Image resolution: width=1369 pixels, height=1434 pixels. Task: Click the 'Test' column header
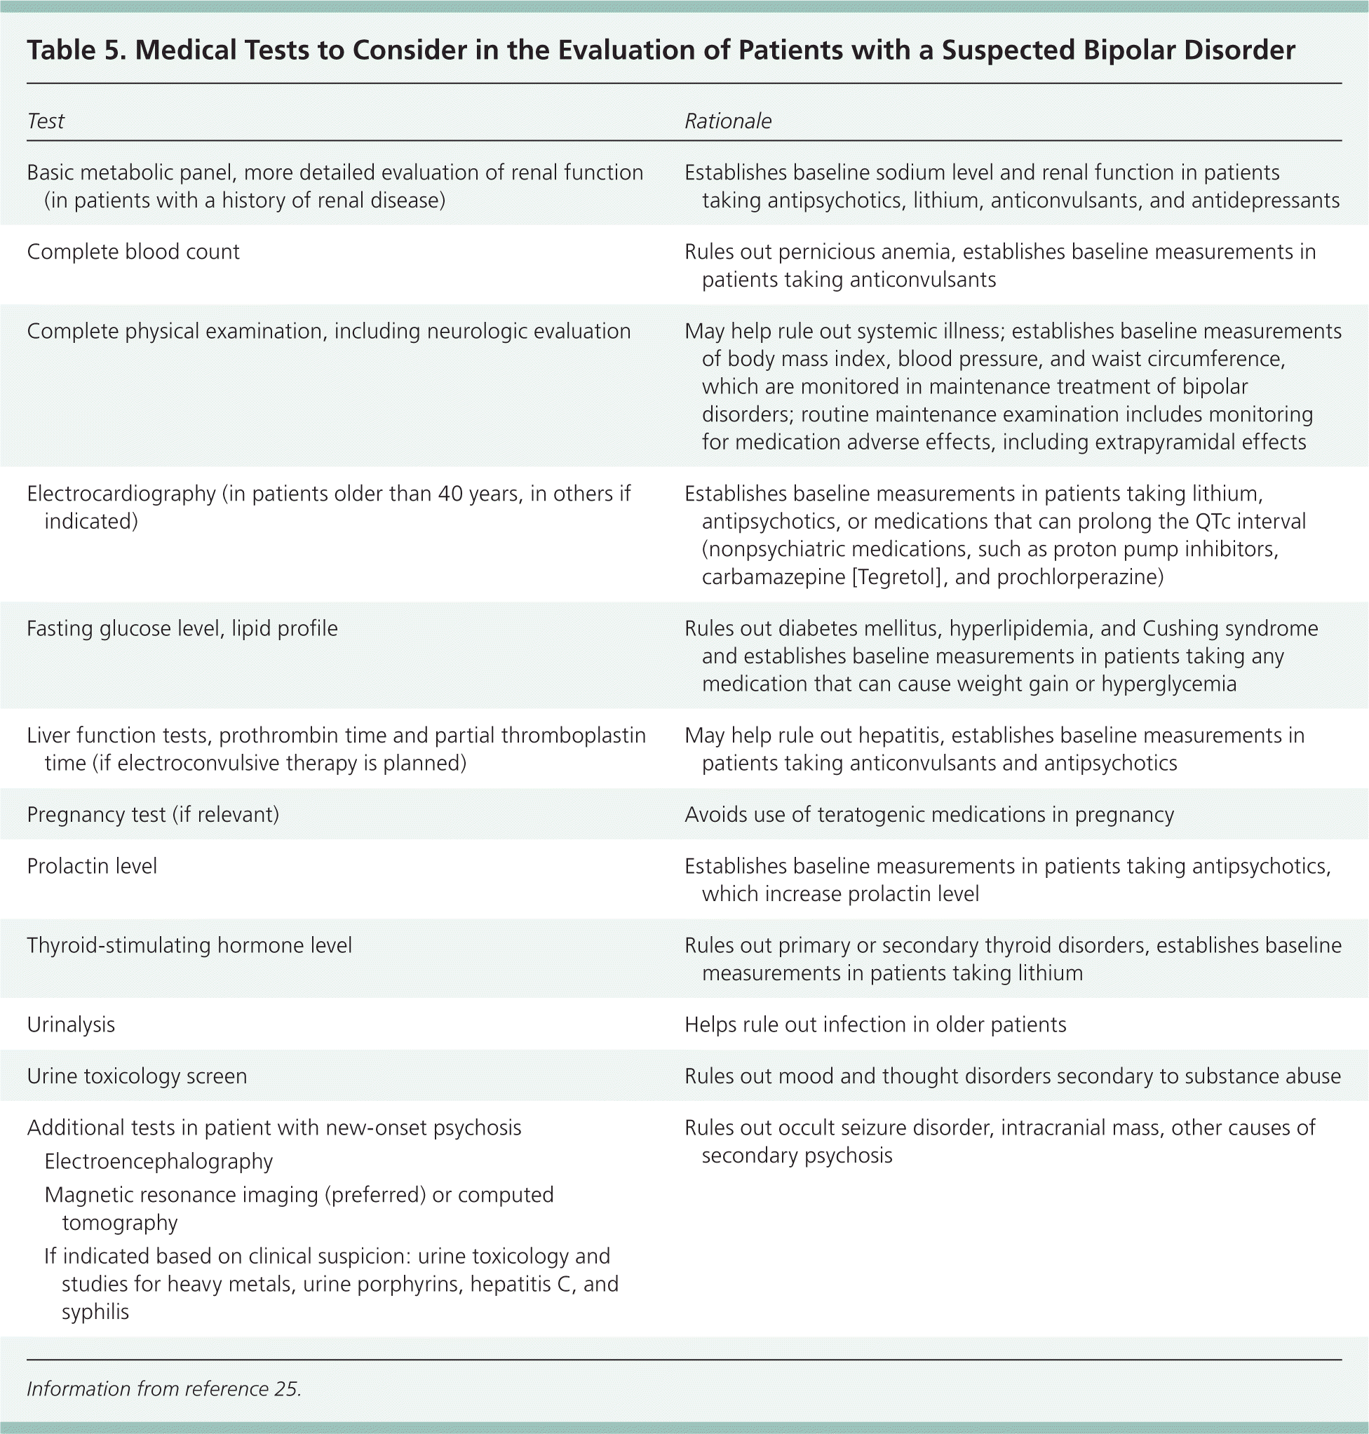coord(46,121)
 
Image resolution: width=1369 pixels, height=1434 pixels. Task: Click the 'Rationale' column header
coord(727,121)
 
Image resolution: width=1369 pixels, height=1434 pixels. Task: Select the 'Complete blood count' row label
coord(133,252)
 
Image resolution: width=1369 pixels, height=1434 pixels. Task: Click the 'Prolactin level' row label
coord(92,866)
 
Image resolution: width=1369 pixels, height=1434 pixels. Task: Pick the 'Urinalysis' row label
coord(71,1025)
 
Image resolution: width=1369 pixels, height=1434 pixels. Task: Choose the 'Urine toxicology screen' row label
coord(137,1076)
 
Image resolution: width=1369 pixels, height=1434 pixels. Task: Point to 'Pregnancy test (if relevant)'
coord(152,815)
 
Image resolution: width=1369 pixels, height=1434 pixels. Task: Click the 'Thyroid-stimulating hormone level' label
coord(189,946)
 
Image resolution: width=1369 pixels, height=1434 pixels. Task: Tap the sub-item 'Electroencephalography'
coord(159,1161)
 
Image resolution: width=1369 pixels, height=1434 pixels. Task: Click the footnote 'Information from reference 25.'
coord(164,1388)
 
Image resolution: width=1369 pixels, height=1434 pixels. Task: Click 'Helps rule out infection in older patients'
coord(875,1025)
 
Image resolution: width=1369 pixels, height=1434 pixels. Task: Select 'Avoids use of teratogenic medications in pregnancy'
coord(929,815)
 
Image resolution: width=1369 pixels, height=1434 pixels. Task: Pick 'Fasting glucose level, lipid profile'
coord(182,629)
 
